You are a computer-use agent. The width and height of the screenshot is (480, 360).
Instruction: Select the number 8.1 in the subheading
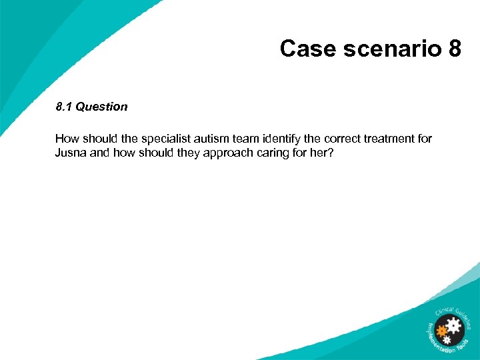pyautogui.click(x=63, y=107)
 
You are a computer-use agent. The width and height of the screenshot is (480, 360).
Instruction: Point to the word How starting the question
pyautogui.click(x=67, y=139)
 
